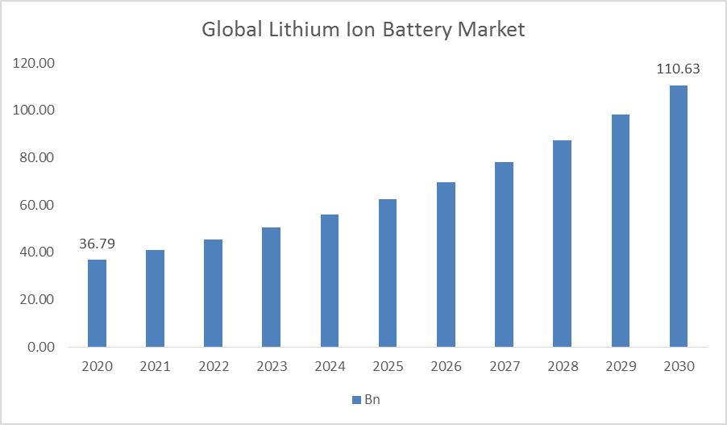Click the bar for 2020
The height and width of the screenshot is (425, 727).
[97, 303]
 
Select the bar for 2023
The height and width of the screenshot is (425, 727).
[272, 287]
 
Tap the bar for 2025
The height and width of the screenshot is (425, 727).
[388, 273]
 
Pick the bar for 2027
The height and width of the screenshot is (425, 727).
[504, 254]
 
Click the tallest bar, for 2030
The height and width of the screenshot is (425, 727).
[678, 216]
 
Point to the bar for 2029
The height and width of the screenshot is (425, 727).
[620, 231]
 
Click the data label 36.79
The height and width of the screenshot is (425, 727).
[97, 243]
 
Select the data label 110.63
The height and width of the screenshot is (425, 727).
[678, 69]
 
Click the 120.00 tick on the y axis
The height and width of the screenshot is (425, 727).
[35, 63]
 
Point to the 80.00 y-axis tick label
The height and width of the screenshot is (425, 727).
[35, 157]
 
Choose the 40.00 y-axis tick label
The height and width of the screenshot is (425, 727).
[35, 252]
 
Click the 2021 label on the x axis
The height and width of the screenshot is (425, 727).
[155, 367]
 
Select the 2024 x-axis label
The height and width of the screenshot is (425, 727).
[330, 367]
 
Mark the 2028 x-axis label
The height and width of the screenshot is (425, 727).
[562, 367]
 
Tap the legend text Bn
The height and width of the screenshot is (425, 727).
[372, 400]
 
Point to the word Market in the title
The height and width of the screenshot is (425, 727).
[492, 31]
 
